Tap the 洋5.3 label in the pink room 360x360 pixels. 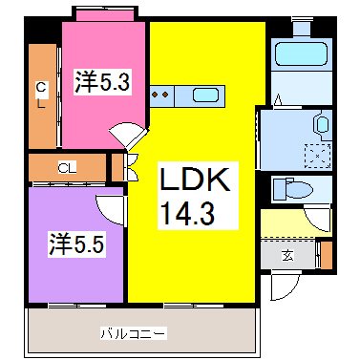pos(102,81)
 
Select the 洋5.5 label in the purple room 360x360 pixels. pos(76,244)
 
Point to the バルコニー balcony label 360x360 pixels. pos(134,334)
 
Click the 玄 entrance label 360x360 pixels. pos(287,255)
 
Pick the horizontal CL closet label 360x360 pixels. pos(68,167)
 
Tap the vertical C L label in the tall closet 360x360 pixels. pos(41,95)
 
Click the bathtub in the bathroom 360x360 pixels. pos(301,54)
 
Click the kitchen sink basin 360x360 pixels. pos(205,95)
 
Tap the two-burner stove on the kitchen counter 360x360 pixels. pos(161,95)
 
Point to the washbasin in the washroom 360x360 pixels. pos(323,124)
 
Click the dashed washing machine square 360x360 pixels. pos(318,156)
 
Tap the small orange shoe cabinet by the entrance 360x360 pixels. pos(326,255)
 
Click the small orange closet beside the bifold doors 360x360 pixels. pos(117,167)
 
